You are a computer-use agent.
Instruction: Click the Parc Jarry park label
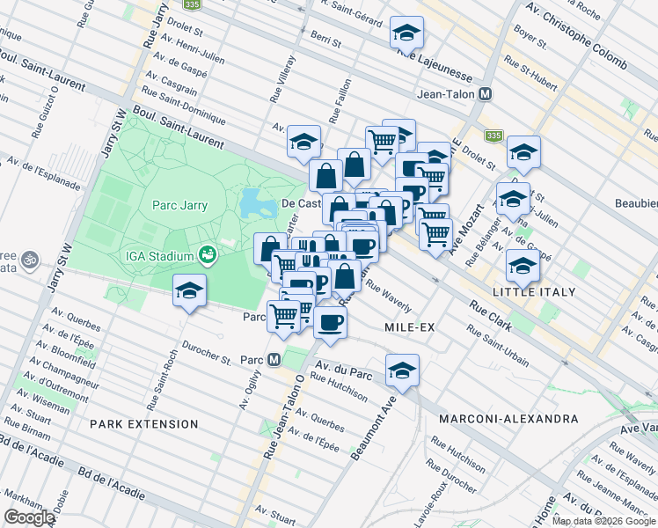[x=179, y=206]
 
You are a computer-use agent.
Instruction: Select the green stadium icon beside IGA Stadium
[x=208, y=255]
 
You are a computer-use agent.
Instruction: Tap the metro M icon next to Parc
[x=274, y=359]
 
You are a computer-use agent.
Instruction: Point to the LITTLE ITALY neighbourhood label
[x=534, y=291]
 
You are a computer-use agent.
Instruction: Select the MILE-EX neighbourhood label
[x=411, y=326]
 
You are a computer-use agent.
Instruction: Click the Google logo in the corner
[x=29, y=517]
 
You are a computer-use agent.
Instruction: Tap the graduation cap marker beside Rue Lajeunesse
[x=406, y=33]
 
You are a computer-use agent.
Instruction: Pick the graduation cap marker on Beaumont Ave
[x=402, y=370]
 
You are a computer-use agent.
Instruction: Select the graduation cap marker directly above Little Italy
[x=523, y=265]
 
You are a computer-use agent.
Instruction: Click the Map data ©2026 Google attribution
[x=603, y=521]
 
